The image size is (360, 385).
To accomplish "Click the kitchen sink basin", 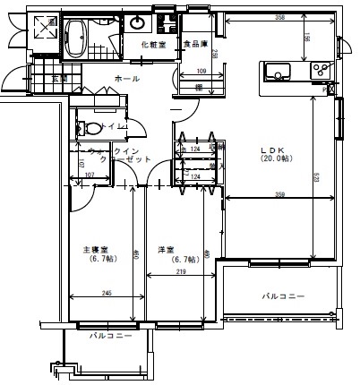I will point(274,71).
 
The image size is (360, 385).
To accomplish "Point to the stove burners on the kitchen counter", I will point(320,70).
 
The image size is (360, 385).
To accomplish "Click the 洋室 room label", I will point(166,249).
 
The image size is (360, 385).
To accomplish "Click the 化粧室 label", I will point(153,44).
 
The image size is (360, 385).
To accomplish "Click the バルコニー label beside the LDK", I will point(283,295).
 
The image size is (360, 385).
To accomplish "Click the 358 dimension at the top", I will point(280,16).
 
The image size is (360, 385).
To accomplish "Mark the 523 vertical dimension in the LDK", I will point(316,178).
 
